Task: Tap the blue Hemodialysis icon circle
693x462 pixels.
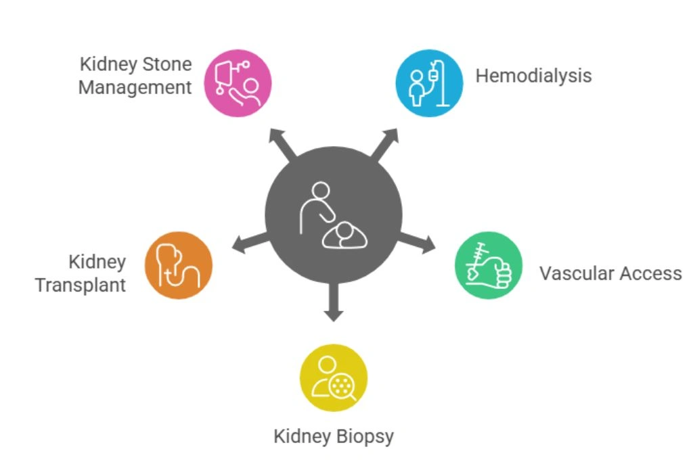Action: point(429,83)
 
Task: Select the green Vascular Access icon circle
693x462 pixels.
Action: point(488,265)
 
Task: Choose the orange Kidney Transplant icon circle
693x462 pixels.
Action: point(179,265)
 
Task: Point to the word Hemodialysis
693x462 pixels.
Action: point(533,75)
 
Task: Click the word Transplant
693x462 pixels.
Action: point(81,285)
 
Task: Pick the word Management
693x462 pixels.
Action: point(135,88)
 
